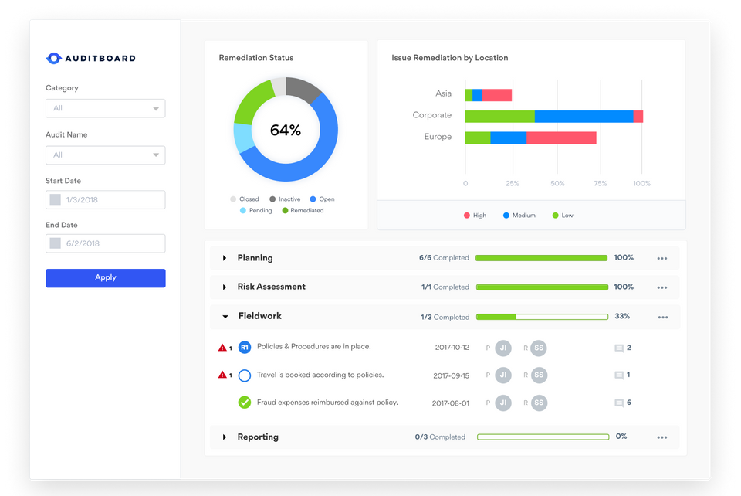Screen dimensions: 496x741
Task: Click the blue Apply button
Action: click(105, 278)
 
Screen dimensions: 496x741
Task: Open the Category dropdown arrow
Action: click(156, 109)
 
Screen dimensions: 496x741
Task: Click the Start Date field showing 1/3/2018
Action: click(105, 200)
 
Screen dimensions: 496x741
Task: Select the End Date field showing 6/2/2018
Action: click(105, 243)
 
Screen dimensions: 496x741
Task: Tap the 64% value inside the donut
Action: click(285, 131)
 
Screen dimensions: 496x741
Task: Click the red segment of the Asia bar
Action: click(497, 95)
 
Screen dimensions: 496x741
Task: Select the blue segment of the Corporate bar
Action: click(584, 116)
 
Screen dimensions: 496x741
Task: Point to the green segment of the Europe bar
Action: click(477, 138)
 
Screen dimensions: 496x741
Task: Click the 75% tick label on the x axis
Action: click(599, 184)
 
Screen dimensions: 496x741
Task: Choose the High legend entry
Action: click(475, 216)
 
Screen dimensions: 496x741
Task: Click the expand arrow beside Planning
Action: click(225, 258)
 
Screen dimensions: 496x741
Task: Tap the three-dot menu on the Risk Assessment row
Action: click(661, 287)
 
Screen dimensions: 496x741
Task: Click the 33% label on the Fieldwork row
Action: click(622, 316)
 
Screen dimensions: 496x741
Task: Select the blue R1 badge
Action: click(245, 348)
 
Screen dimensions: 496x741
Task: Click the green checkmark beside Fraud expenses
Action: click(245, 403)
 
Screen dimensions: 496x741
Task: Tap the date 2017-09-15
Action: click(451, 375)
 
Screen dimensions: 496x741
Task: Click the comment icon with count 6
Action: click(618, 403)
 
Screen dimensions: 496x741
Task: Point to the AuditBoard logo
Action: click(91, 58)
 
